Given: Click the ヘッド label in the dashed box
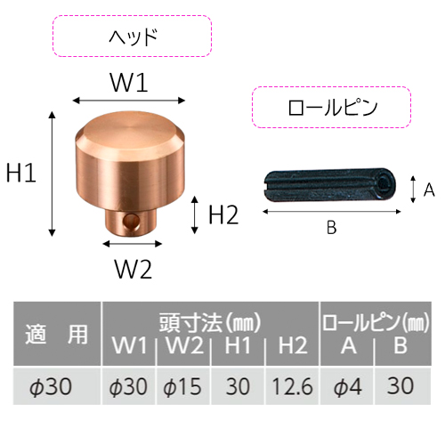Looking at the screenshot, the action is tap(133, 36).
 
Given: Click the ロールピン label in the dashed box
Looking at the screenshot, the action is tap(333, 108).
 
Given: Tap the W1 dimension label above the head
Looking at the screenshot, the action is tap(129, 82).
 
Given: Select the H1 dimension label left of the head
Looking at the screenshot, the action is tap(21, 173).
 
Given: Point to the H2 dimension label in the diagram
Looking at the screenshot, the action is tap(223, 214).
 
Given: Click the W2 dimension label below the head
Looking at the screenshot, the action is tap(133, 269).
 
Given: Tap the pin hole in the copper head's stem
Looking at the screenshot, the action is tap(132, 221).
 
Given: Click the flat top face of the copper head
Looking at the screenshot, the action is tap(130, 129).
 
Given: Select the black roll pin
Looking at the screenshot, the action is tap(329, 184).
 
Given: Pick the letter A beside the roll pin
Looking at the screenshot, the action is tap(429, 190).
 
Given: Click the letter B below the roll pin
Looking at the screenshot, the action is tap(331, 228).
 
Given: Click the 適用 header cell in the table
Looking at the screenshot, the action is tap(56, 334).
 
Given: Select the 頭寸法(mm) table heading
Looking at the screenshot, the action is tap(210, 322).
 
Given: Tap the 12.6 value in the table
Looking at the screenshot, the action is tap(292, 386).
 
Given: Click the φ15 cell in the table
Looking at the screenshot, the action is tap(182, 386).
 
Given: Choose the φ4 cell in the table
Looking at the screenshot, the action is tap(348, 386).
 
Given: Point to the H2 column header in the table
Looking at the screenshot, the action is tap(293, 345).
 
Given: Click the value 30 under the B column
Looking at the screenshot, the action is tap(400, 385).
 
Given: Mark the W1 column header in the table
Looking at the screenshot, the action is tap(130, 345).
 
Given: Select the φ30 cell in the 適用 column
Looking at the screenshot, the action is tap(51, 386).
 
